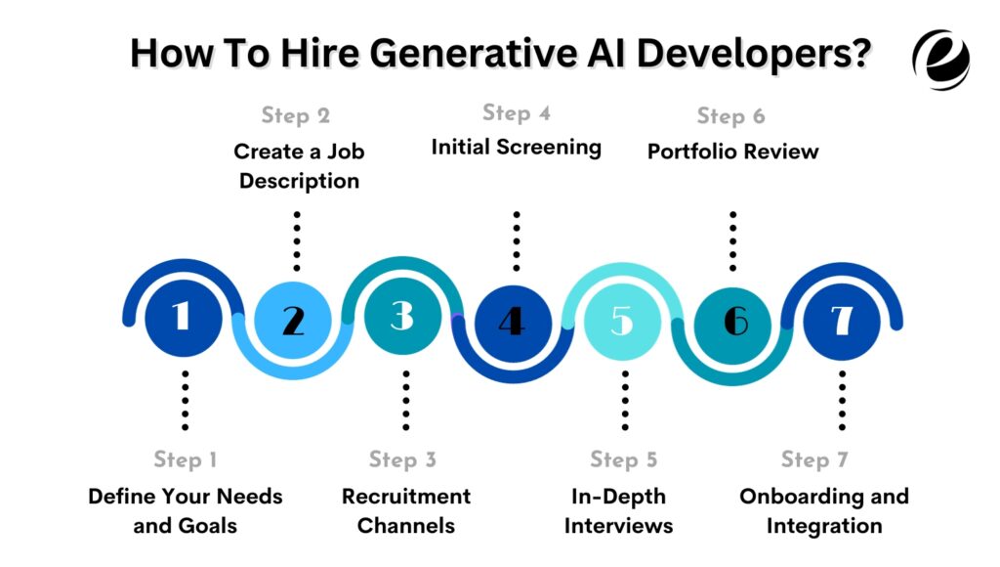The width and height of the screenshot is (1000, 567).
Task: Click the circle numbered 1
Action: pos(183,317)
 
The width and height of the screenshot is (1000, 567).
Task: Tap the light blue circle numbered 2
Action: pos(293,319)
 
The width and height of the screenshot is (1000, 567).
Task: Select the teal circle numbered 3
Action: pos(403,317)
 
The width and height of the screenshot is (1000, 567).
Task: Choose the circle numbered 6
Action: pos(733,319)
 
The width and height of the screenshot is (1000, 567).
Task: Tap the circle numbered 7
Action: pos(842,317)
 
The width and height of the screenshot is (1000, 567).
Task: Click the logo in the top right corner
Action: pos(940,58)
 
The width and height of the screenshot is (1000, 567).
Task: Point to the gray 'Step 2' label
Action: pos(296,116)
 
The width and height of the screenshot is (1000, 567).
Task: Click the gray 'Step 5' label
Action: pos(624,459)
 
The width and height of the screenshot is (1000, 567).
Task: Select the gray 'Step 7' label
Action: pos(815,459)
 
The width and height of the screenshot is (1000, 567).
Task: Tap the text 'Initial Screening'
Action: pos(517,148)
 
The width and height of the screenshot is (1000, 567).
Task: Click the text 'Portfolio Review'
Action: pos(733,152)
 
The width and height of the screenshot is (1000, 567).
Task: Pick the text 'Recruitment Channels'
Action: pos(406,510)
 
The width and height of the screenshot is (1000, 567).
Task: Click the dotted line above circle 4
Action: pos(517,240)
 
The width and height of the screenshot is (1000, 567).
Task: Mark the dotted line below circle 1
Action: pos(184,400)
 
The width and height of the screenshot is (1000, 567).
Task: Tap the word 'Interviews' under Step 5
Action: pos(619,526)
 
